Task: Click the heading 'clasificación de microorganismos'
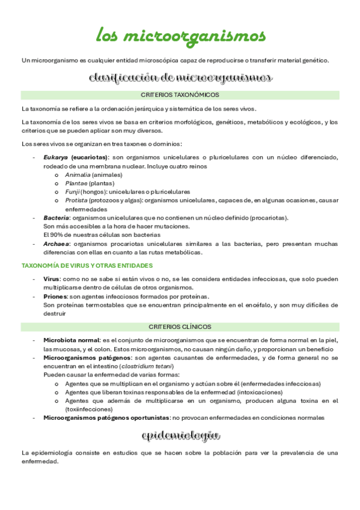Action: (x=180, y=78)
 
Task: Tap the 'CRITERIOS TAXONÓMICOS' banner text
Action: (x=180, y=95)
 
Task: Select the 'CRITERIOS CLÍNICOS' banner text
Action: (x=180, y=327)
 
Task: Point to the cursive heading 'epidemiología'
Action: (x=180, y=435)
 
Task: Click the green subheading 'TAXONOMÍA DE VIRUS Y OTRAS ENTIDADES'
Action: (x=87, y=265)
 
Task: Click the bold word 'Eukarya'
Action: (x=56, y=157)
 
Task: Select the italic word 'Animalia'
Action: (x=77, y=174)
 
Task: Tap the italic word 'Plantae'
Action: (x=76, y=183)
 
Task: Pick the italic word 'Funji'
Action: (x=72, y=192)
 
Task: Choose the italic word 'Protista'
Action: (x=76, y=200)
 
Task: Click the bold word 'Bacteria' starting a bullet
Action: (x=56, y=218)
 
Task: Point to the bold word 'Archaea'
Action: (x=56, y=244)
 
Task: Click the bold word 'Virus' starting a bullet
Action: (x=52, y=279)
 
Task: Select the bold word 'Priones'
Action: (x=56, y=296)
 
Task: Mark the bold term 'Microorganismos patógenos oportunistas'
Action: (x=106, y=417)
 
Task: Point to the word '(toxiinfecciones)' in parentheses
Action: (x=91, y=409)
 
